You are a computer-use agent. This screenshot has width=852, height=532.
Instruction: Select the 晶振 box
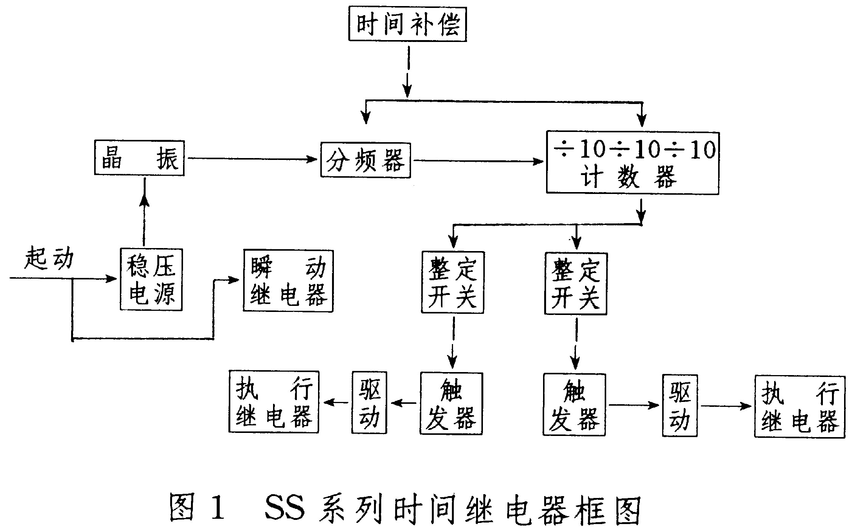click(139, 158)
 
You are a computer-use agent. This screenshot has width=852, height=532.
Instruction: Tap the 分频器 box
click(365, 160)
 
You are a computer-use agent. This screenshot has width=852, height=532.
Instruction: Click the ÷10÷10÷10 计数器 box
click(632, 163)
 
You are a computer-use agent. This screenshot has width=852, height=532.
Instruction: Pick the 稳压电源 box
click(151, 279)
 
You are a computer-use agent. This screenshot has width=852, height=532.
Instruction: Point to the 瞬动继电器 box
click(288, 281)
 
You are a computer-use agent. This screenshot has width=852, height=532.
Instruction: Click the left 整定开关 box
click(452, 282)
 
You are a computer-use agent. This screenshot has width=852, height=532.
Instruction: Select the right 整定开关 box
click(576, 284)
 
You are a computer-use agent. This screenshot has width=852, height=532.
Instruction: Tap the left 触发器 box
click(451, 403)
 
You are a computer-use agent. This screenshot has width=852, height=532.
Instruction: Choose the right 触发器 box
click(574, 405)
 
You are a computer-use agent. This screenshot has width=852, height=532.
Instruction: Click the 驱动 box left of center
click(369, 402)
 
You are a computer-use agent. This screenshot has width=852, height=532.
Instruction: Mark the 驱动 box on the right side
click(680, 405)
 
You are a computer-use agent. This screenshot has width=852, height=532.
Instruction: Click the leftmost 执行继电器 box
click(273, 402)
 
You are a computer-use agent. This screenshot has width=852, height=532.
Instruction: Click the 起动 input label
click(49, 259)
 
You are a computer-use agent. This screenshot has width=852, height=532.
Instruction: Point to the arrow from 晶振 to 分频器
click(252, 159)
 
